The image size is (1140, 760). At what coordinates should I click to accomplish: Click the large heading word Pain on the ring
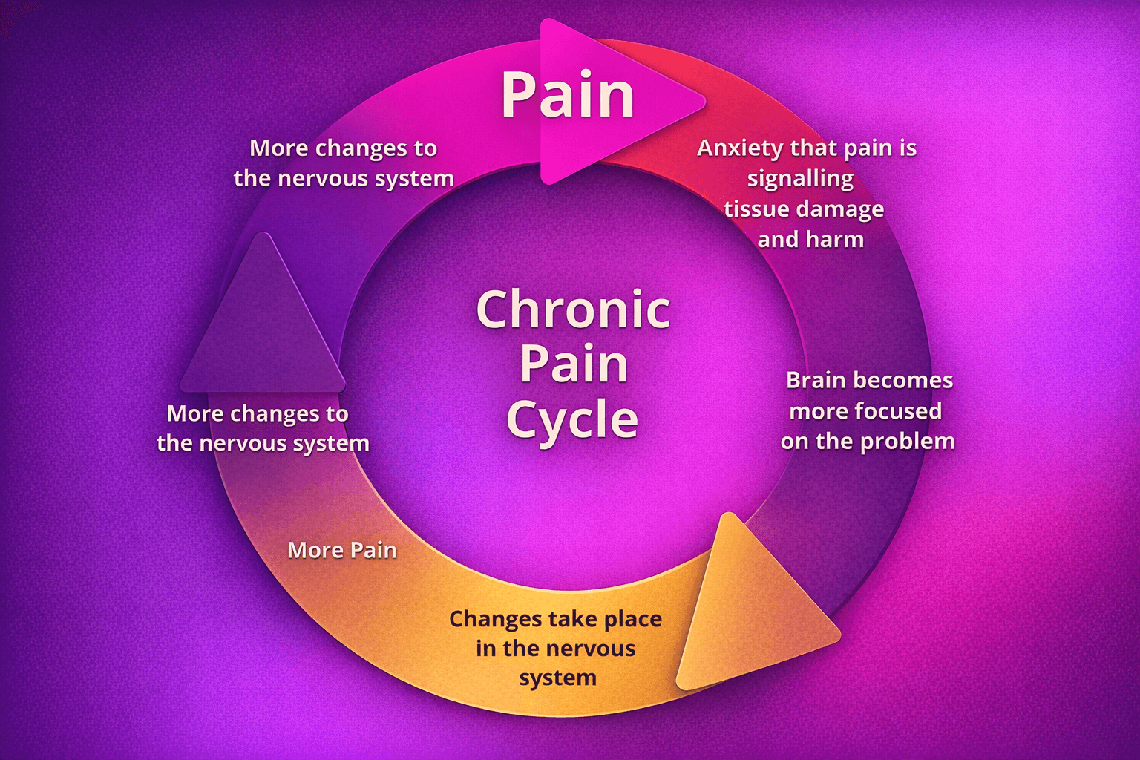pos(568,95)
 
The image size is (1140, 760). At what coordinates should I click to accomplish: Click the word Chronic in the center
pos(573,309)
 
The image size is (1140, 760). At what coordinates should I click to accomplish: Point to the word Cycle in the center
pos(572,419)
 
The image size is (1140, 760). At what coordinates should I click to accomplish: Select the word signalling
pos(800,179)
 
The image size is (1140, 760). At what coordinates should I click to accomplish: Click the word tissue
pos(756,209)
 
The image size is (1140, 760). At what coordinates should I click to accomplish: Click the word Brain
pos(815,380)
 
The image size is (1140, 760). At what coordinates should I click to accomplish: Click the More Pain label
pos(341,550)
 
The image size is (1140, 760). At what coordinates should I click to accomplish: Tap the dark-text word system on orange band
pos(557,678)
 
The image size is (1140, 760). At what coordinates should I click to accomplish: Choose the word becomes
pos(910,380)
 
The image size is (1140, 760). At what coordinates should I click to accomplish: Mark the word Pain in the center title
pos(573,364)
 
